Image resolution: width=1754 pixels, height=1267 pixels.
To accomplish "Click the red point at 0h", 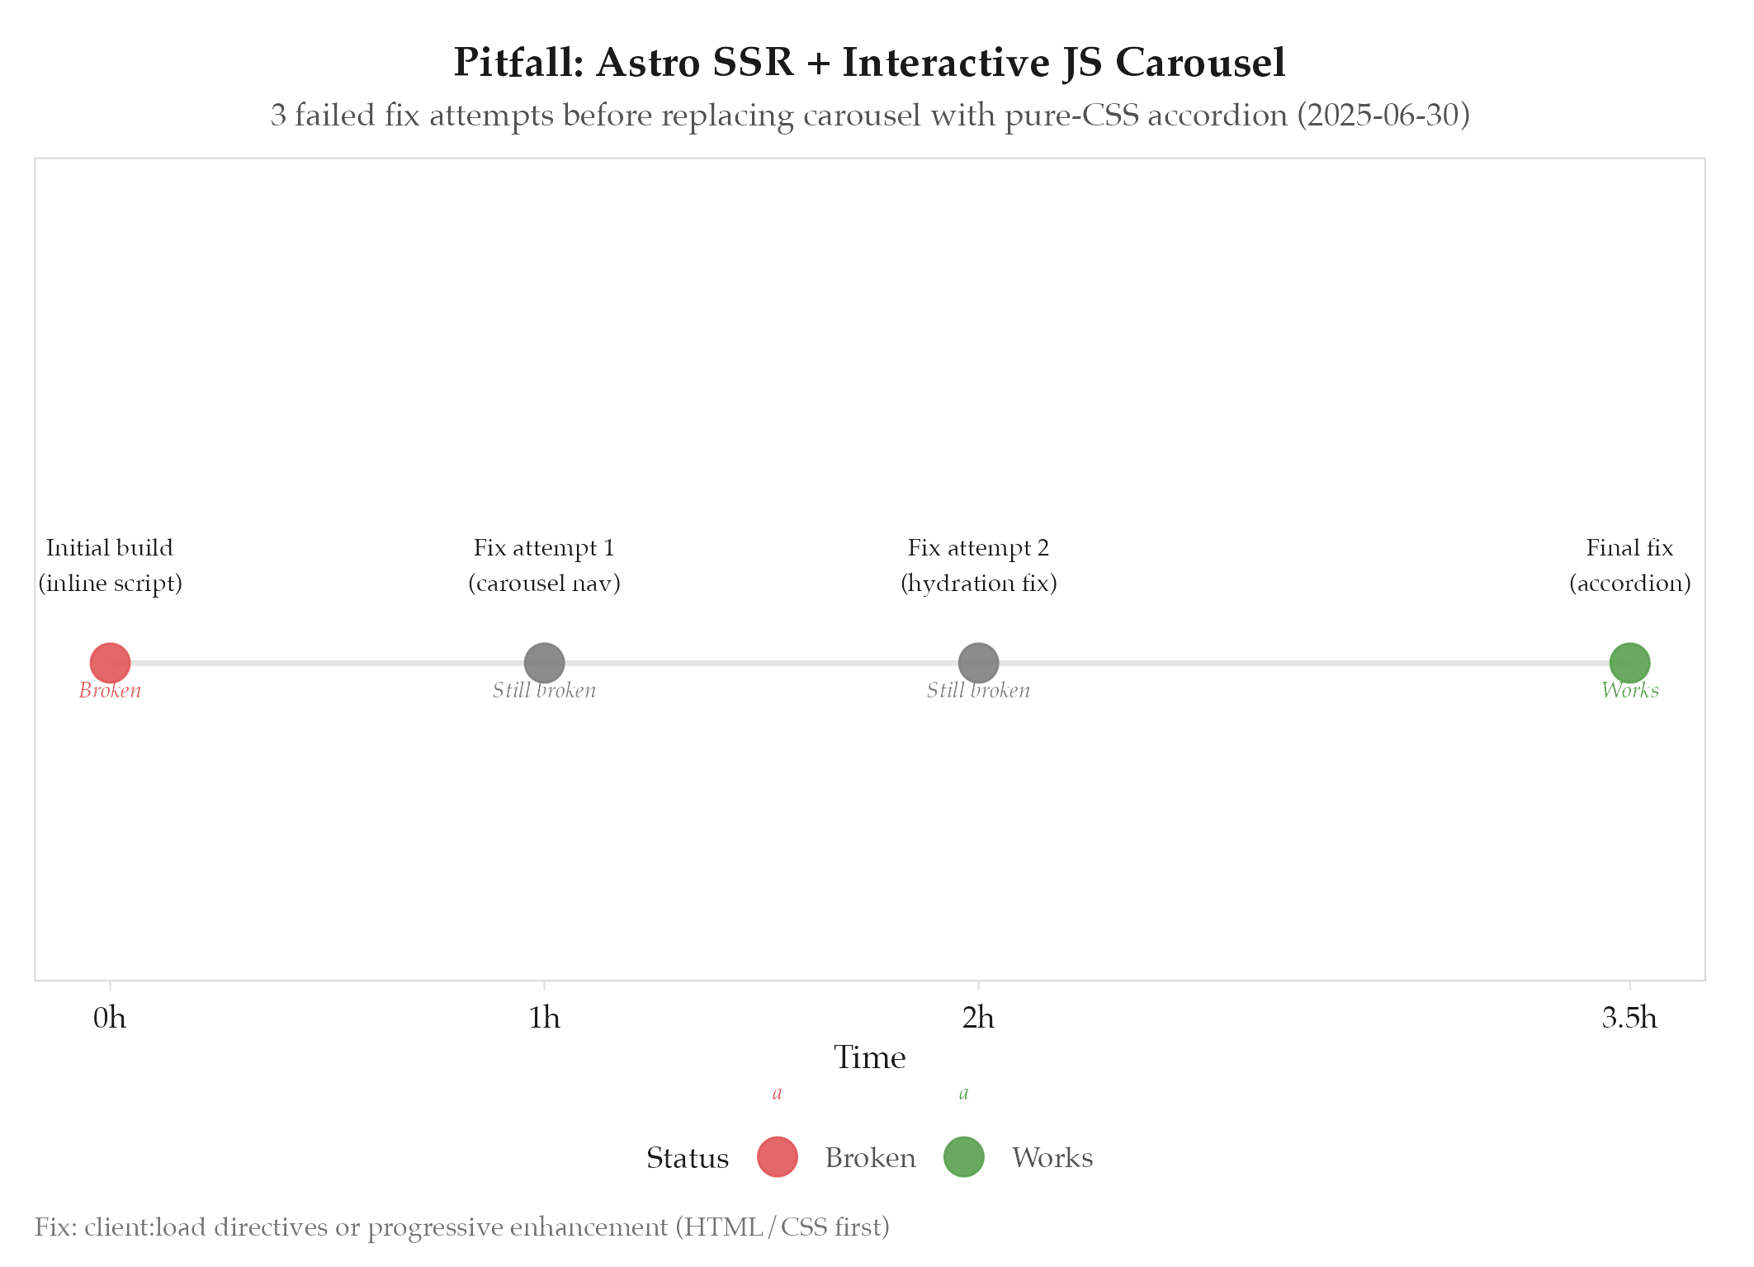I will point(110,662).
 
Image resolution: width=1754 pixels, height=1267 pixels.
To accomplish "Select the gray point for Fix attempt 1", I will point(544,662).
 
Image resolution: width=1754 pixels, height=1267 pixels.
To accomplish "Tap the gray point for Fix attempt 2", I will point(978,662).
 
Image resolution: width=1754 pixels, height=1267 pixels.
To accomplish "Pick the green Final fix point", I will point(1629,662).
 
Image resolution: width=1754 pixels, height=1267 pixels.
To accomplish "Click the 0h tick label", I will point(110,1018).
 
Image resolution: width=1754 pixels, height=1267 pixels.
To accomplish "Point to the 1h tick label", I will point(544,1018).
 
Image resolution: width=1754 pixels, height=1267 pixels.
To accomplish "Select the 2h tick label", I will point(978,1018).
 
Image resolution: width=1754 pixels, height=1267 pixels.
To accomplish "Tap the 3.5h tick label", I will point(1629,1018).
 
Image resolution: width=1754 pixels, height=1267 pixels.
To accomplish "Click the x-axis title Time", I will point(869,1057).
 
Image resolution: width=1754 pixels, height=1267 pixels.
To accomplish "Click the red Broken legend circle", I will point(777,1156).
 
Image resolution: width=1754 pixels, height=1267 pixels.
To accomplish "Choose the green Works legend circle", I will point(963,1156).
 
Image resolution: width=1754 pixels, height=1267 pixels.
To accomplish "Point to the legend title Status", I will point(687,1158).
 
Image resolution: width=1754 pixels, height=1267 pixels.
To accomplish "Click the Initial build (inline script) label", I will point(110,565).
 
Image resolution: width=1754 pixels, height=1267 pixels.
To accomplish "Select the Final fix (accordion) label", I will point(1629,565).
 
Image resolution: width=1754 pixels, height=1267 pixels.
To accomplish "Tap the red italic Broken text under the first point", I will point(110,690).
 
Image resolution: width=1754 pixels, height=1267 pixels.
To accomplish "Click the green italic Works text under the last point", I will point(1629,690).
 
